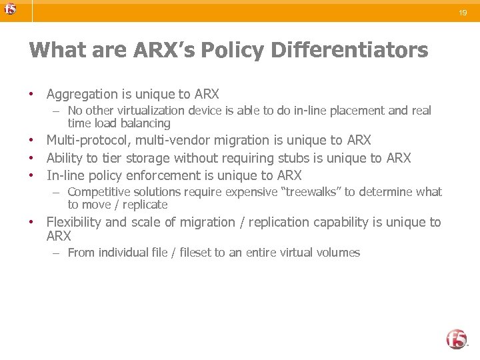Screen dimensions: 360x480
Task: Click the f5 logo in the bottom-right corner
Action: click(x=457, y=339)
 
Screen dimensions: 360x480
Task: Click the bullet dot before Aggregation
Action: click(x=31, y=95)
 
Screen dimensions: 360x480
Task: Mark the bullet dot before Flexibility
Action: click(x=31, y=222)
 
